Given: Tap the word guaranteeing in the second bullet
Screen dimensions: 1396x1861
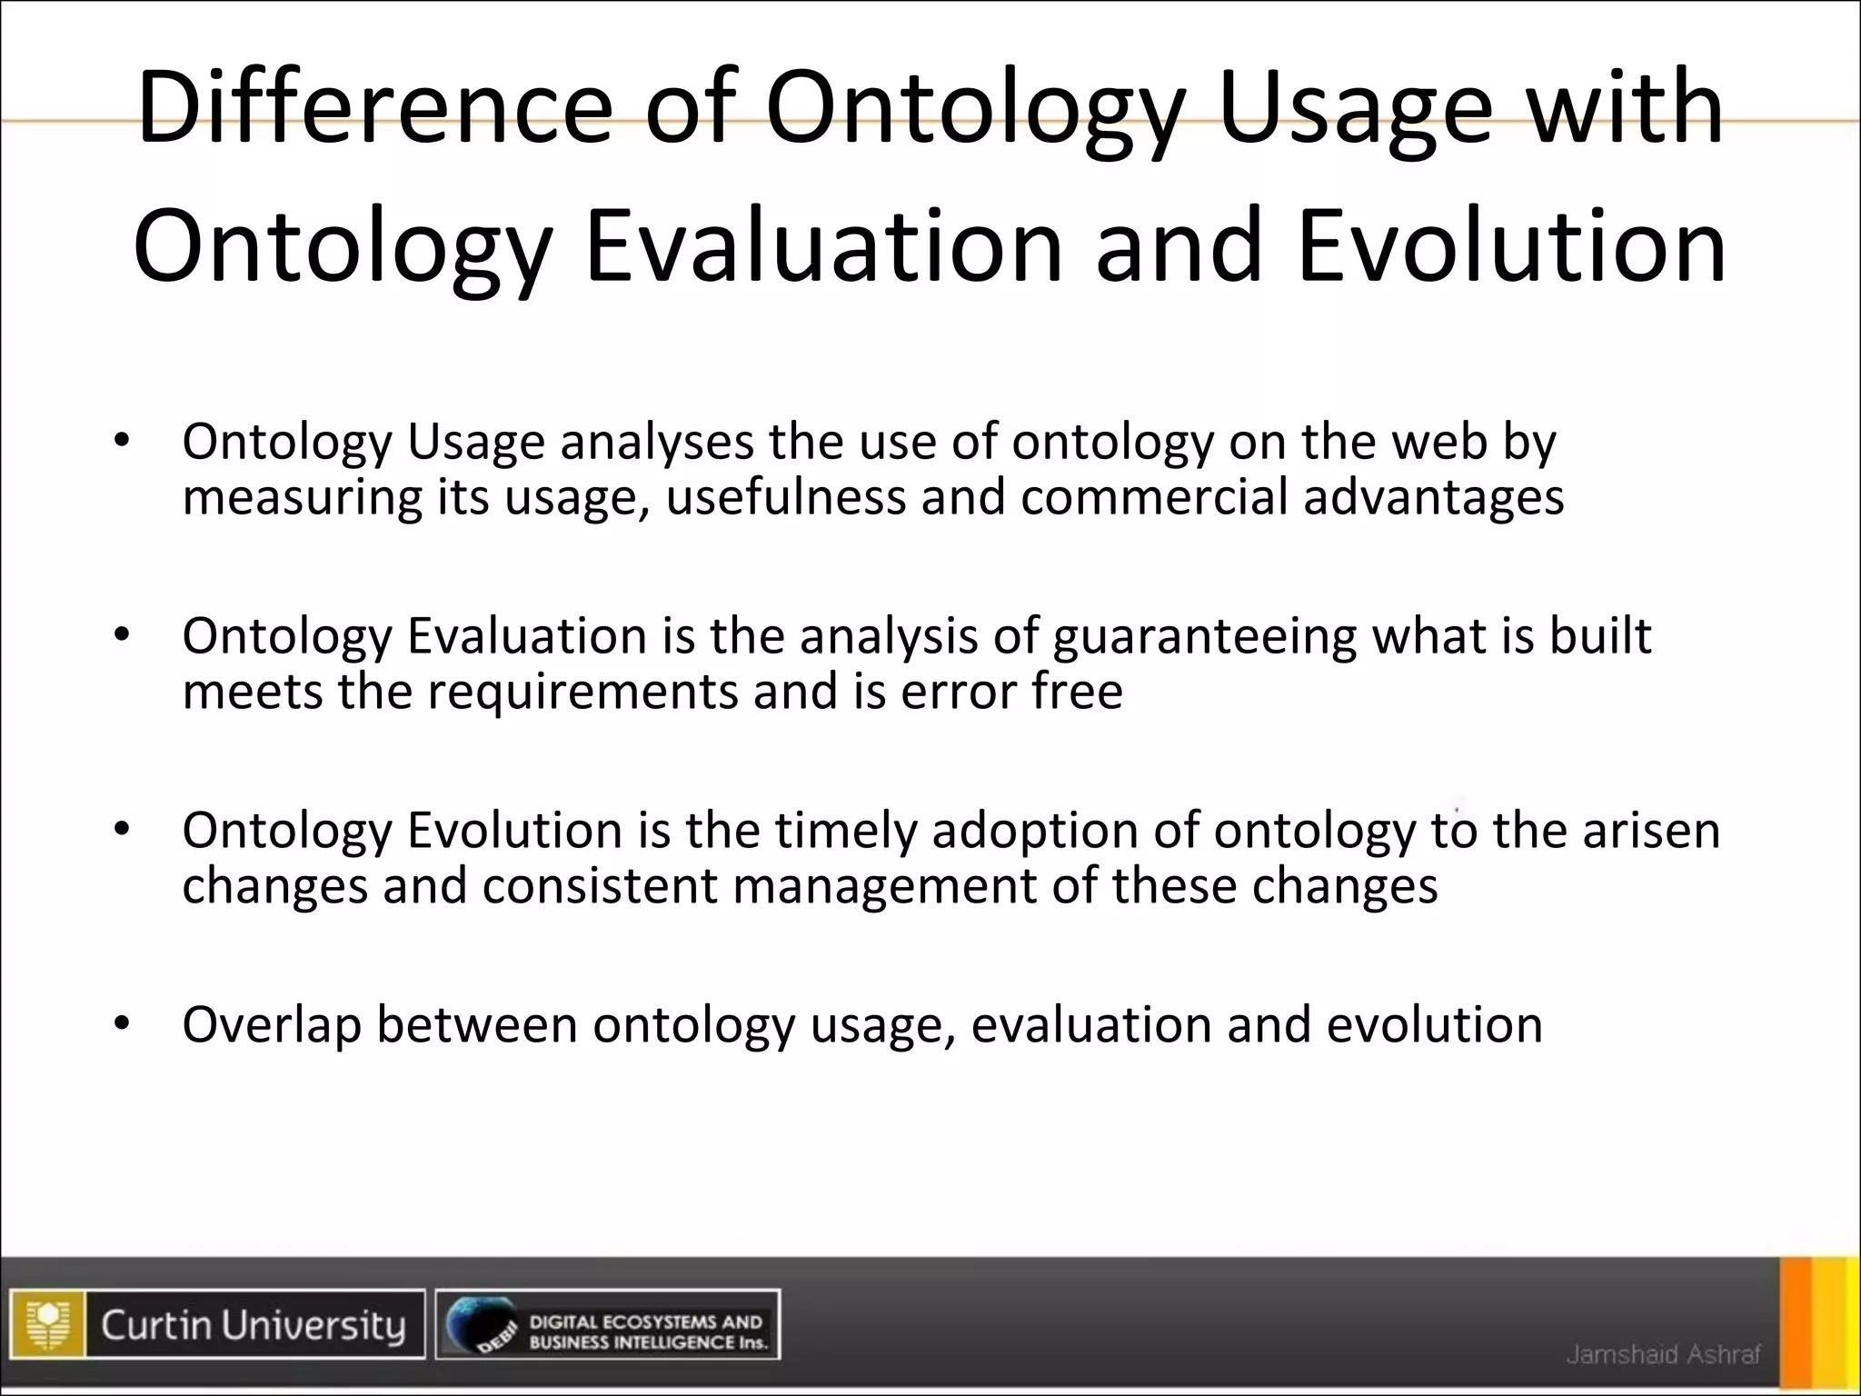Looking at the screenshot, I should [x=1204, y=636].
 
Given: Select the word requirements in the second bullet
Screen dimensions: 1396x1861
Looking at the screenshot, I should [x=582, y=691].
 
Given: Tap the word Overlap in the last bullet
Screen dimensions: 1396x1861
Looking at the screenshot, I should [x=271, y=1025].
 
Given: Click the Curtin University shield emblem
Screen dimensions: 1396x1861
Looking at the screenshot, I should [x=48, y=1324].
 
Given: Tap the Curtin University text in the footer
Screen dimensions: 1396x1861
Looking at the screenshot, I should [x=253, y=1324].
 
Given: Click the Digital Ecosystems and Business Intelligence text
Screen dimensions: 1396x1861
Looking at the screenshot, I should [x=647, y=1331].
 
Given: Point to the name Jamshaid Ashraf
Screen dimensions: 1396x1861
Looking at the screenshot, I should [x=1663, y=1355].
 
